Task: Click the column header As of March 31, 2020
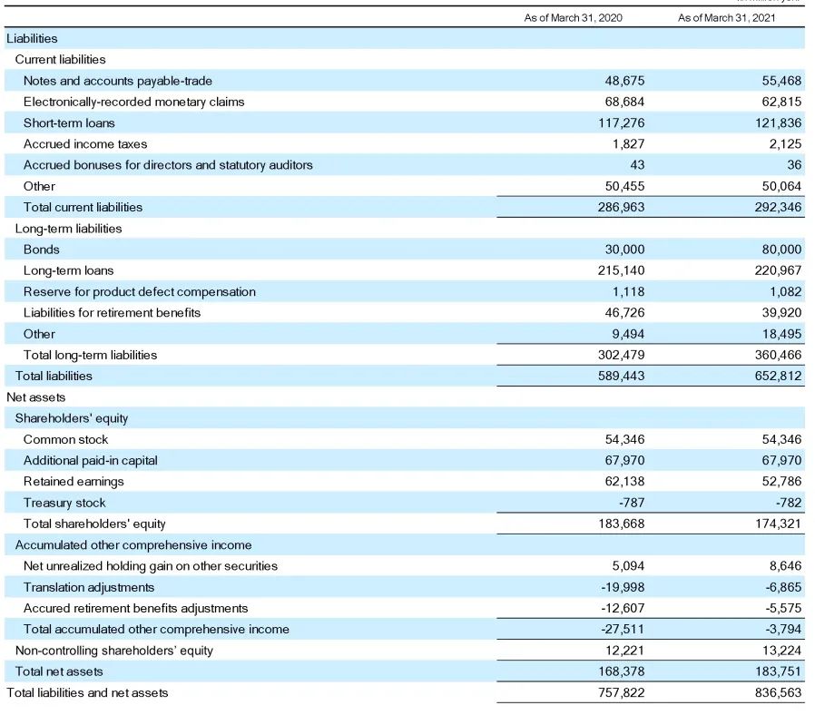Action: pos(573,18)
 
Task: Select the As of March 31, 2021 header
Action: pos(727,18)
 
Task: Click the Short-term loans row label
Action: pos(69,122)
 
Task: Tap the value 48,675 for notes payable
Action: pos(624,81)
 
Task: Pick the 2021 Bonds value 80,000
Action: pos(781,250)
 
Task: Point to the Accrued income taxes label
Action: pos(85,144)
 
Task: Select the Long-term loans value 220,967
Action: pos(778,270)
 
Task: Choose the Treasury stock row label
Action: pos(64,503)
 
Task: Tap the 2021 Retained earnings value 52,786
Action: pos(781,482)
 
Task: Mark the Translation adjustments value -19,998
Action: pos(623,587)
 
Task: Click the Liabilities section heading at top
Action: pos(32,38)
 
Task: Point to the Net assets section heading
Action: pos(36,397)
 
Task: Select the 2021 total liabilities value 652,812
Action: pos(778,376)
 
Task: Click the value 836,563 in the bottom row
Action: pos(778,692)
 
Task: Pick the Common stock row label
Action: pos(65,439)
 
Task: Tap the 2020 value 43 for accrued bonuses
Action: pos(636,165)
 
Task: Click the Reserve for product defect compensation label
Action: pos(140,291)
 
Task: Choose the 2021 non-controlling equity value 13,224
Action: pos(781,651)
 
